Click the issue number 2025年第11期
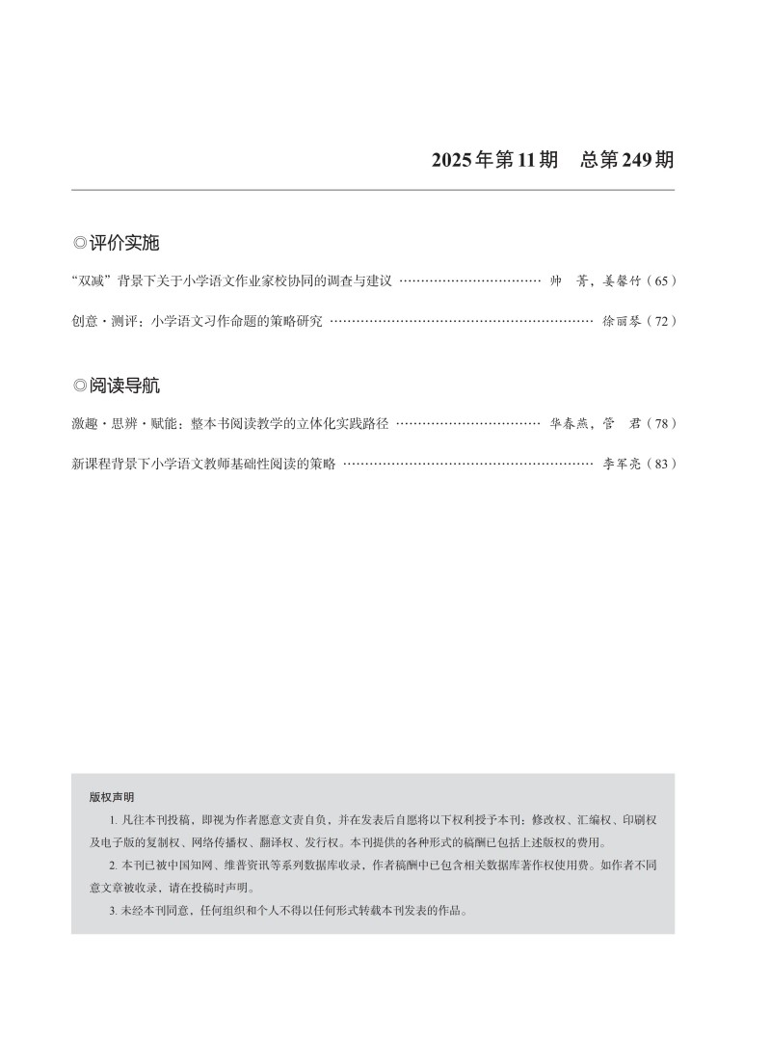tap(494, 160)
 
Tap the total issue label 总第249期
tap(627, 160)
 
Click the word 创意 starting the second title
tap(85, 321)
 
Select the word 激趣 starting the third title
tap(85, 423)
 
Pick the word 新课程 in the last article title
tap(92, 464)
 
